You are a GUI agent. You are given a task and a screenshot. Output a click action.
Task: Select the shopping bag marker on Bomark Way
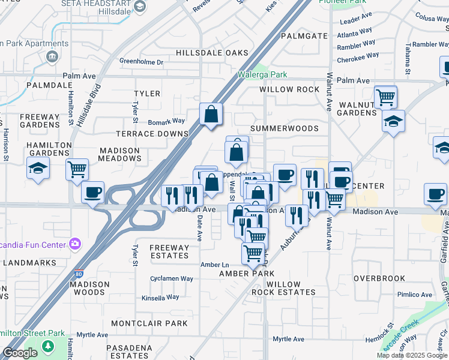click(x=211, y=114)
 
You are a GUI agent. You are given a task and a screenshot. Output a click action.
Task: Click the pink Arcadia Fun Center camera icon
click(x=75, y=243)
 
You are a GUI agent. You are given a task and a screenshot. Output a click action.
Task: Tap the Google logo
click(x=20, y=353)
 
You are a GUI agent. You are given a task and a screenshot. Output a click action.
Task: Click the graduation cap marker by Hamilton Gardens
click(x=37, y=168)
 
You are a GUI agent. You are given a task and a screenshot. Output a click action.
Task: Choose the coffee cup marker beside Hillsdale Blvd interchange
click(x=92, y=193)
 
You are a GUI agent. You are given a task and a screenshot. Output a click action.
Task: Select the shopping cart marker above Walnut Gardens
click(x=385, y=96)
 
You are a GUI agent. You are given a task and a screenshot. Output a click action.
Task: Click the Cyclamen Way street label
click(x=172, y=278)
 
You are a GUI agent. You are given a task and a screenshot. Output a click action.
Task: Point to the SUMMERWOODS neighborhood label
click(x=285, y=129)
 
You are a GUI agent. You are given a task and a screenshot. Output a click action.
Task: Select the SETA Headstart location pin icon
click(x=140, y=7)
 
